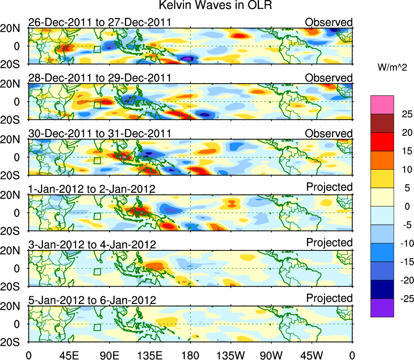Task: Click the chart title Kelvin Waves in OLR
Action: [207, 6]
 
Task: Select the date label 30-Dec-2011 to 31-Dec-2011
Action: [99, 134]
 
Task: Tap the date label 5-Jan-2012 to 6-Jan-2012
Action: [92, 300]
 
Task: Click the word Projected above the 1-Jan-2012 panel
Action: [329, 187]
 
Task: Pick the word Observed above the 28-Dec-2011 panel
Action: [329, 78]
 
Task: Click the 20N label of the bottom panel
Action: [13, 306]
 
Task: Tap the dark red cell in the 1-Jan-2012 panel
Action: [139, 211]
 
